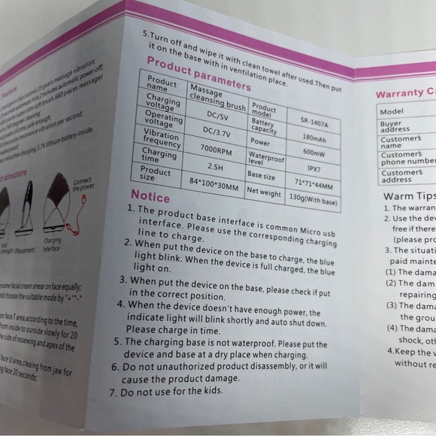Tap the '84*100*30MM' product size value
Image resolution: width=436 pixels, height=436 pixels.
(214, 183)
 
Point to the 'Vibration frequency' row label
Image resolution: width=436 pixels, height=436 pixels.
(162, 137)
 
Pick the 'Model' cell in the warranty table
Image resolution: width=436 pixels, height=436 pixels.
(395, 111)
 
